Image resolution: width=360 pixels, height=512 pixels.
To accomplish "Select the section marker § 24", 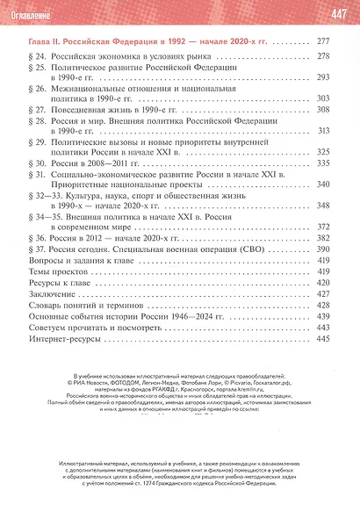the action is click(40, 57).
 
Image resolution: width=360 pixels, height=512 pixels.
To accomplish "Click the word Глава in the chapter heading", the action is click(43, 40).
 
